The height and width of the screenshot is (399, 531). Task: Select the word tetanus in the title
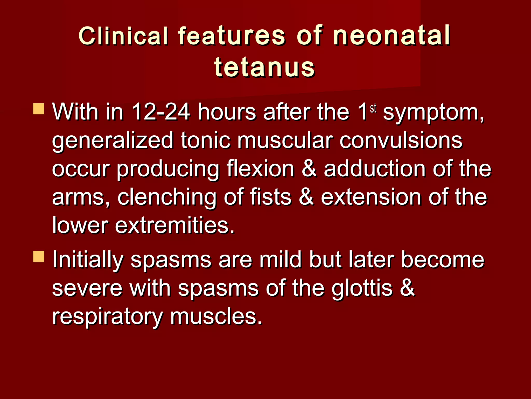pyautogui.click(x=264, y=68)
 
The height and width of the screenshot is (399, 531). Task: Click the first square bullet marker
pyautogui.click(x=39, y=109)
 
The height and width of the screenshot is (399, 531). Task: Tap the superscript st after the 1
pyautogui.click(x=373, y=109)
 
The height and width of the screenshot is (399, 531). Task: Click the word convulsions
pyautogui.click(x=401, y=141)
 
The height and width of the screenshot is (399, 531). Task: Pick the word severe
pyautogui.click(x=87, y=288)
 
